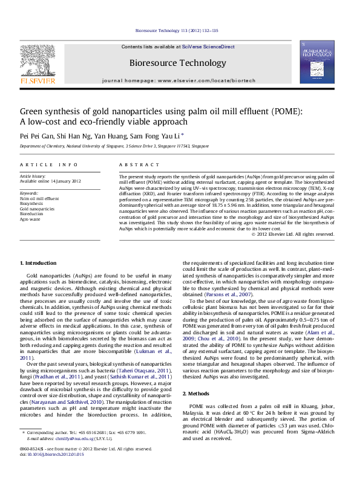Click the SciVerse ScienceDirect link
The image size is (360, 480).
coord(211,47)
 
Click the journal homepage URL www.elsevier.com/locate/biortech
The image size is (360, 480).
coord(209,80)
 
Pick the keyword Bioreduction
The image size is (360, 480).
coord(31,213)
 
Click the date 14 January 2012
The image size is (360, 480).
coord(67,181)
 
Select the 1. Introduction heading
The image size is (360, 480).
coord(38,263)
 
